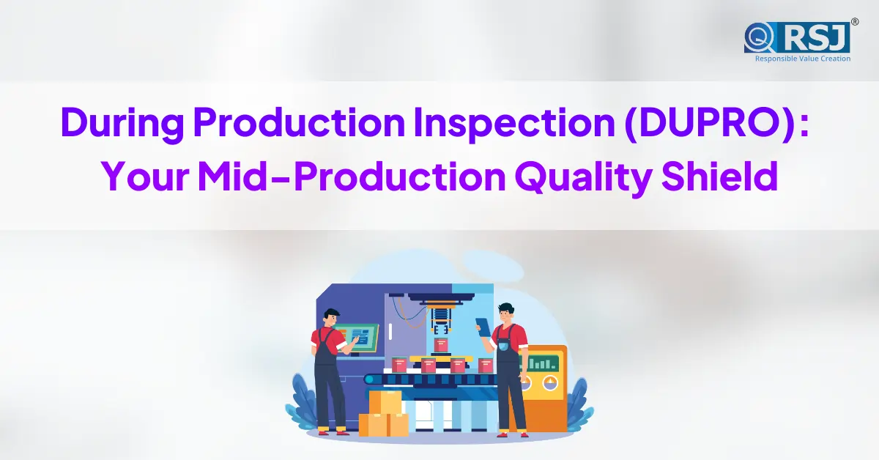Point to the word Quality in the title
pyautogui.click(x=584, y=177)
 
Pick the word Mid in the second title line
pyautogui.click(x=232, y=176)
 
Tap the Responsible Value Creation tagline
pyautogui.click(x=803, y=59)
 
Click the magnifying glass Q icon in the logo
pyautogui.click(x=759, y=37)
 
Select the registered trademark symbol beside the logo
pyautogui.click(x=855, y=21)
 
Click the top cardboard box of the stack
pyautogui.click(x=385, y=402)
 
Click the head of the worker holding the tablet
pyautogui.click(x=506, y=313)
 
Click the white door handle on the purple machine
pyautogui.click(x=390, y=332)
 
